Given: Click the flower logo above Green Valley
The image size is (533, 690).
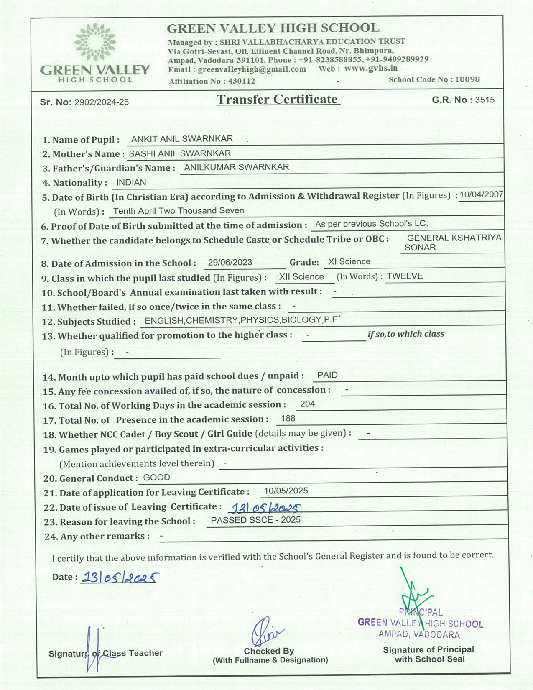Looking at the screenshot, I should click(95, 42).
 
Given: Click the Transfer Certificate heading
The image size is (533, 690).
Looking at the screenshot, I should click(278, 100).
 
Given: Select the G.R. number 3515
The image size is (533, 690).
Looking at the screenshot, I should click(485, 100).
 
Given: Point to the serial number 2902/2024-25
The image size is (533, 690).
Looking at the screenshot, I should click(102, 102).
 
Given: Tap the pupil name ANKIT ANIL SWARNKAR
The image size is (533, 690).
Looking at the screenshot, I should click(182, 139).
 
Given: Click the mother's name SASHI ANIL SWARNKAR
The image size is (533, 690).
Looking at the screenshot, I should click(180, 153).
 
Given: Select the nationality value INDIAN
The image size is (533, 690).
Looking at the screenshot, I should click(131, 182).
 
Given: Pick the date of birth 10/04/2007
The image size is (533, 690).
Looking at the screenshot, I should click(481, 194).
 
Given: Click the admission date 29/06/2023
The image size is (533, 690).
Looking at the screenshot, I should click(230, 262).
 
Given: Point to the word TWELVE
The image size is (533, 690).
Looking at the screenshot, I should click(405, 276).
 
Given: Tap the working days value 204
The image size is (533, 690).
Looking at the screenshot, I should click(307, 404).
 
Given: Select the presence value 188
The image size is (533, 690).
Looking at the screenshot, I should click(288, 419).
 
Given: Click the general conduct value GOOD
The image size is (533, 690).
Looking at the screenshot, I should click(156, 478).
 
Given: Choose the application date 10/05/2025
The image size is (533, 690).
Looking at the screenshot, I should click(286, 491).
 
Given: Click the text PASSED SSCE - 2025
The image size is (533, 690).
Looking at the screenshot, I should click(255, 520).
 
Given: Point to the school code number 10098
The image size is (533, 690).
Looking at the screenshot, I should click(467, 79).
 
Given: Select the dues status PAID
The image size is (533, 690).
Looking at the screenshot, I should click(327, 375).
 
